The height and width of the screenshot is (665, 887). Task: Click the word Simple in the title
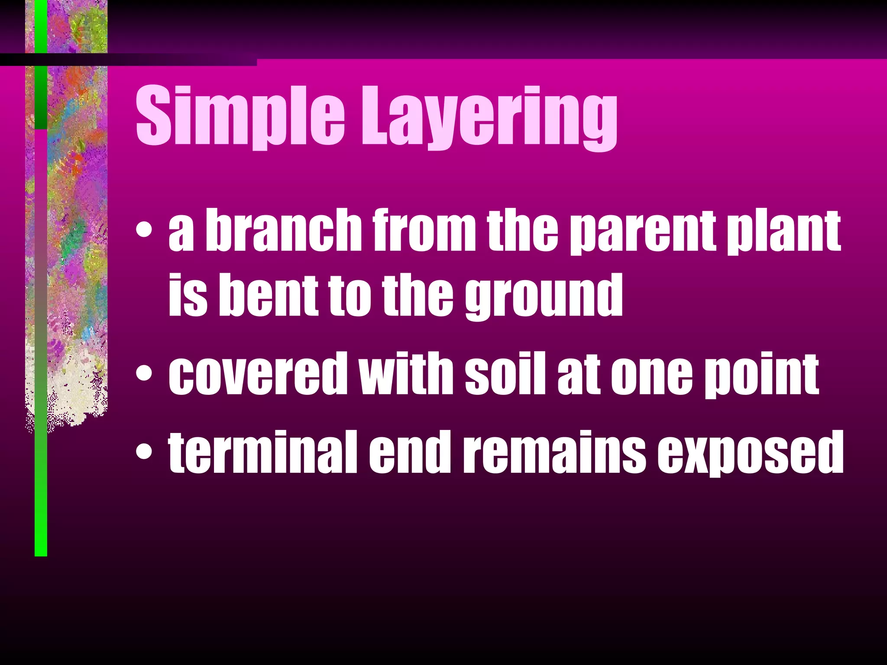[240, 116]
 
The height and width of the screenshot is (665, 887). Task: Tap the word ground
[544, 297]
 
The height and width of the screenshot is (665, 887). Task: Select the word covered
[258, 373]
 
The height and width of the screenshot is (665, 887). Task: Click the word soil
[505, 373]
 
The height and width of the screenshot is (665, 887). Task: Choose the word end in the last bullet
[407, 452]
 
